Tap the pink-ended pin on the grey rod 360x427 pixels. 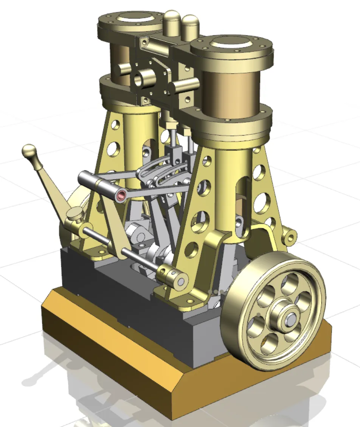[x=121, y=195]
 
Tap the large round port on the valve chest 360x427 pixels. [x=144, y=78]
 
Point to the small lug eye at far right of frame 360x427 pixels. [x=290, y=236]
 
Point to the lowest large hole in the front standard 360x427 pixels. [x=192, y=248]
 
